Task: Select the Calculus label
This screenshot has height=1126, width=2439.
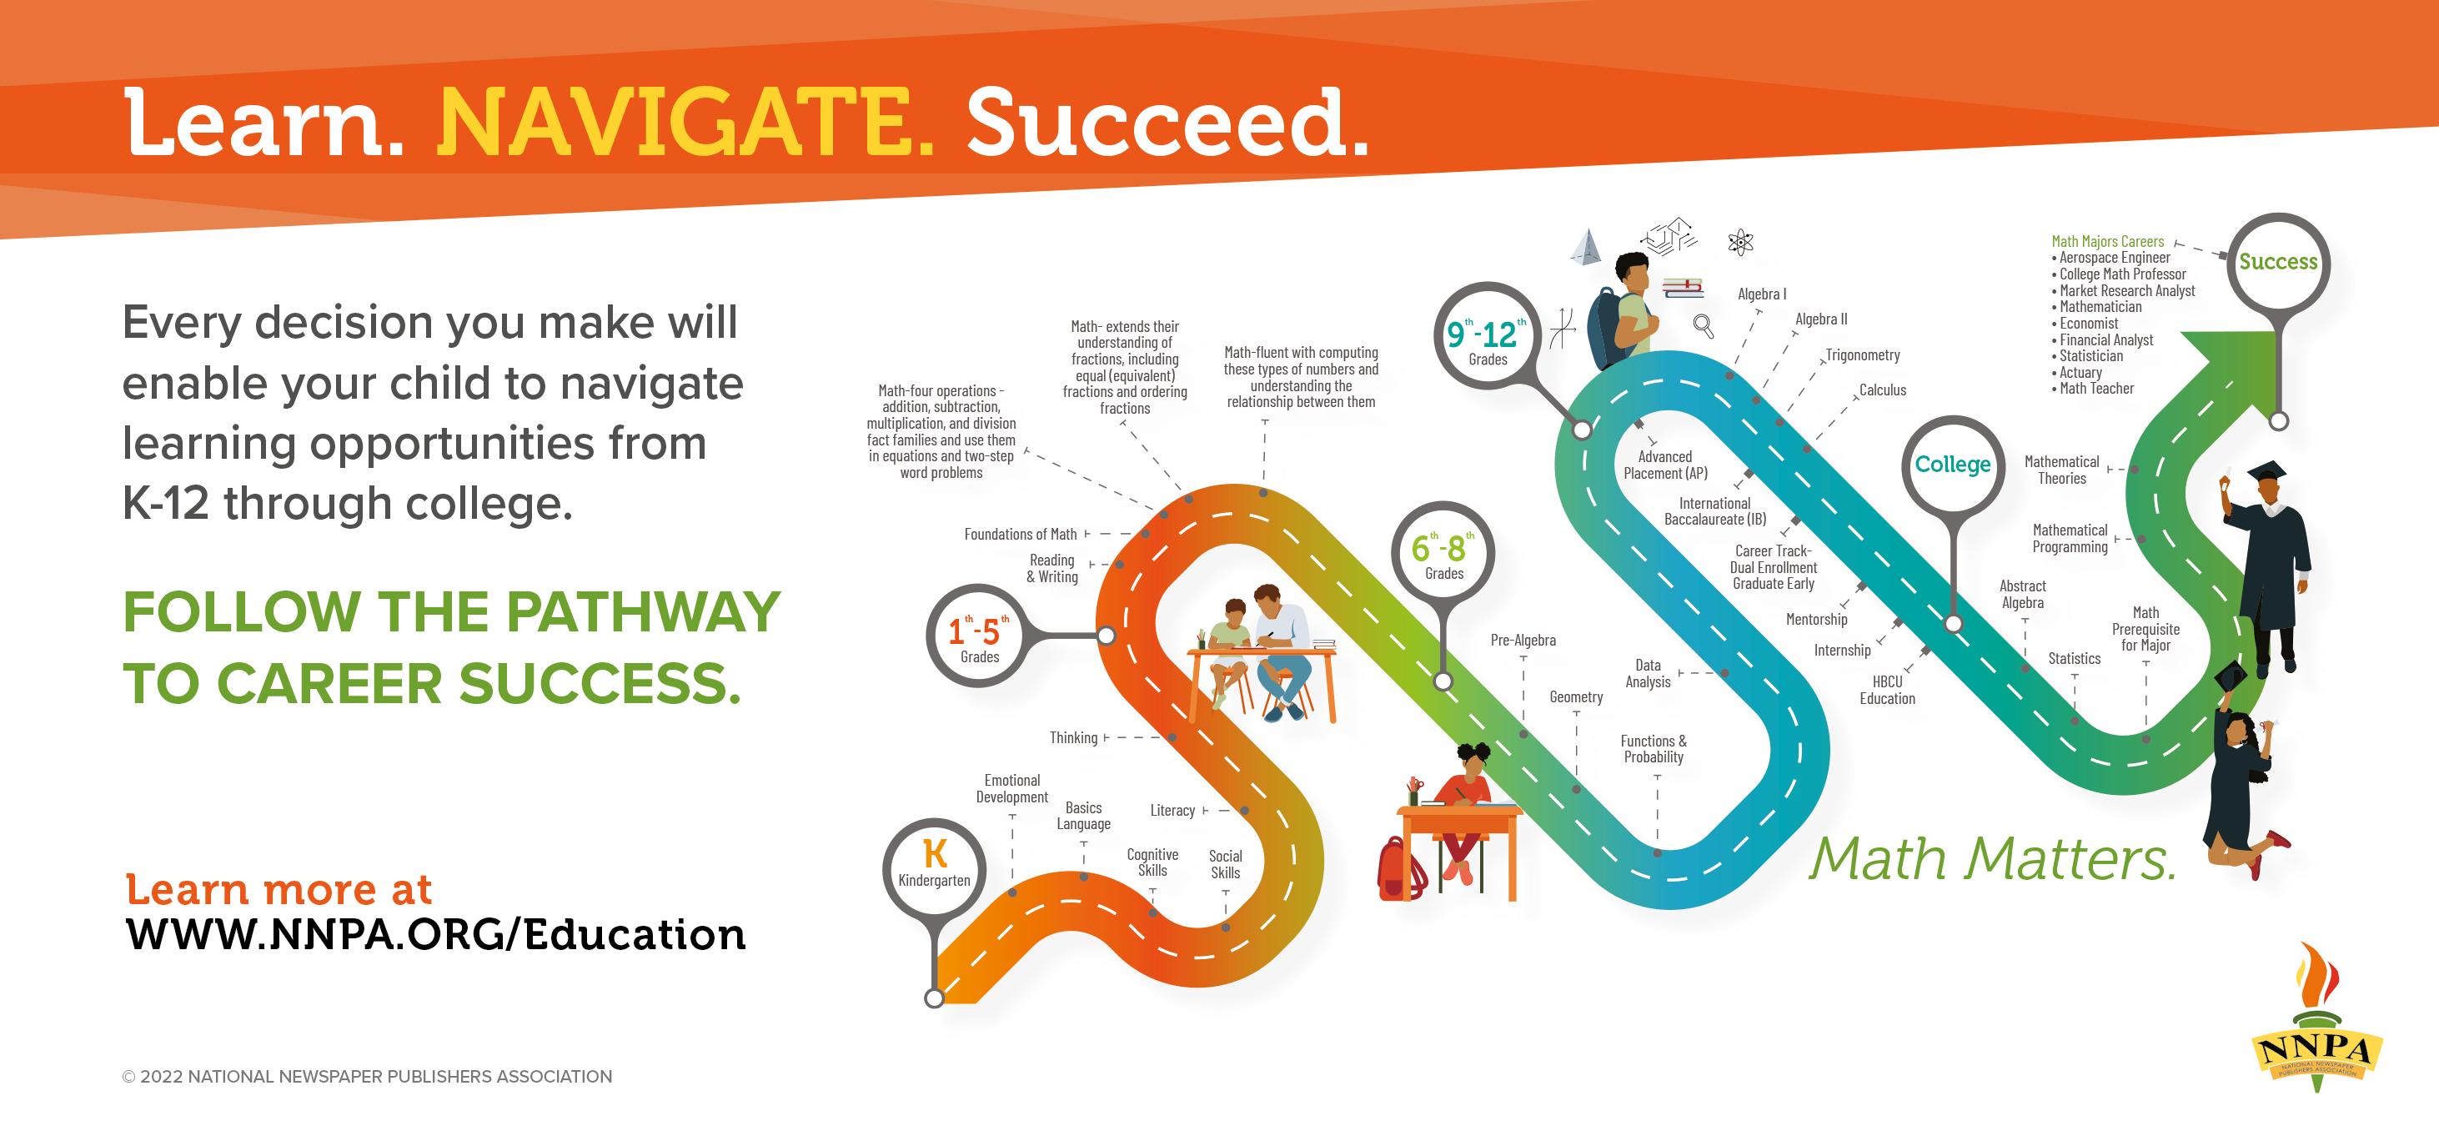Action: point(1882,390)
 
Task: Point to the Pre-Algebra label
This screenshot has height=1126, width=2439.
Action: point(1523,641)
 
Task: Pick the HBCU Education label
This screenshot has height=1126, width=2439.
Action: point(1887,690)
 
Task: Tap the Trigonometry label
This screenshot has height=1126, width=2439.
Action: point(1862,355)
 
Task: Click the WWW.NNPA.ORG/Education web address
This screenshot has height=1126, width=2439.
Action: point(435,935)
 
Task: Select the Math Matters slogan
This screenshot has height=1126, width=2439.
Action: point(1992,859)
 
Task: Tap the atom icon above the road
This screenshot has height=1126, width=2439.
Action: point(1740,242)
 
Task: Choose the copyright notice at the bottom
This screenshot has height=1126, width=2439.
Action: point(368,1077)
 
